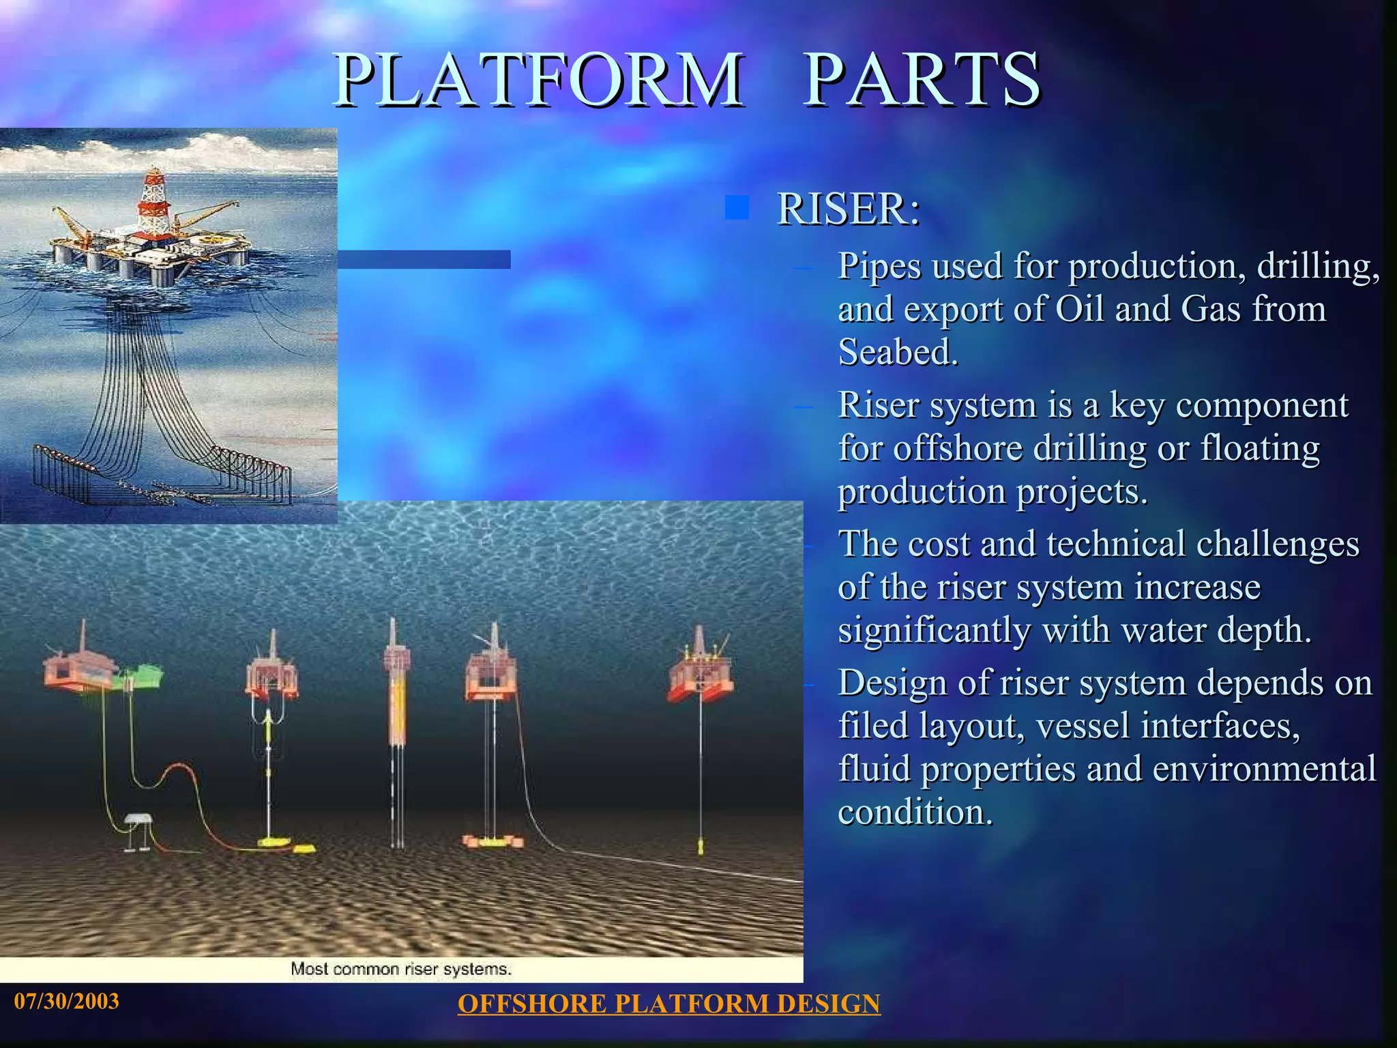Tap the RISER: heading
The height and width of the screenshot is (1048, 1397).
click(849, 209)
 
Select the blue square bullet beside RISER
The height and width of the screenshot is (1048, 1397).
click(737, 207)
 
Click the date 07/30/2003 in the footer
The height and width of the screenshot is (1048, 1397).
click(67, 1001)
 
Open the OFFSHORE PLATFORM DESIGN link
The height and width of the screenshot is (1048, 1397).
click(668, 1004)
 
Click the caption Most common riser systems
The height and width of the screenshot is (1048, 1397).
click(401, 969)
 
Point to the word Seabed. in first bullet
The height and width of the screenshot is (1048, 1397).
click(898, 353)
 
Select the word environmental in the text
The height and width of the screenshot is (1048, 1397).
click(1264, 769)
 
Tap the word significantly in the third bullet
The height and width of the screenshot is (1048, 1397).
click(935, 630)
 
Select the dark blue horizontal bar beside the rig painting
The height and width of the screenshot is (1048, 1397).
click(424, 259)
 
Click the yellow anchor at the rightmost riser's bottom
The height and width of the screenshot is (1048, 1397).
click(701, 847)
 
